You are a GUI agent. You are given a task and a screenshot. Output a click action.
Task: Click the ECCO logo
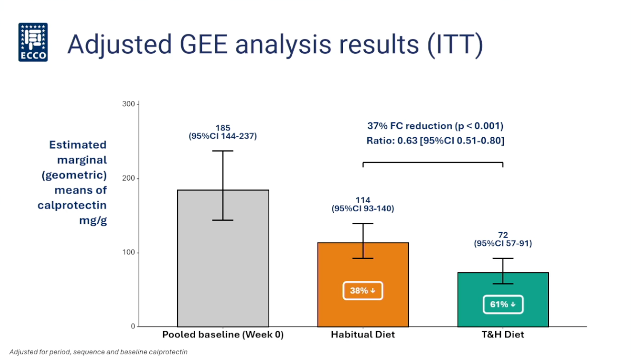(x=33, y=42)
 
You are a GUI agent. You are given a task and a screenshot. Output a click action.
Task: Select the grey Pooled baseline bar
(x=223, y=264)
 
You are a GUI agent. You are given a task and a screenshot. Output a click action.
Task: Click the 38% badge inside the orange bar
(x=362, y=290)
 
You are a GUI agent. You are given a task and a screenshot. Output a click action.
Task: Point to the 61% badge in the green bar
(x=503, y=305)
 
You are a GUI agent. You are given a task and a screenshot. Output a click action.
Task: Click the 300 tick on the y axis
(x=129, y=104)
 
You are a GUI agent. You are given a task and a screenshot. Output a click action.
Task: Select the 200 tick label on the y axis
(x=129, y=178)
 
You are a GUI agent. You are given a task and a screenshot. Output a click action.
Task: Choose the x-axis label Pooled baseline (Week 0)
(x=223, y=335)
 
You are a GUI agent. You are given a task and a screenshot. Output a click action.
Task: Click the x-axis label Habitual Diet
(x=363, y=335)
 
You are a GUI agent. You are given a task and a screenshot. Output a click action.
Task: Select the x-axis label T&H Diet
(x=503, y=335)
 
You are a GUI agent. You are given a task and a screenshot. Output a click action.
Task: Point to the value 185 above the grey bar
(x=223, y=128)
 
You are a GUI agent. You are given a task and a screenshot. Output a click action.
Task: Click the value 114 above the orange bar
(x=363, y=200)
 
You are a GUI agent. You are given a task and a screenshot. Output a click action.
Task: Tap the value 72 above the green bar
(x=503, y=235)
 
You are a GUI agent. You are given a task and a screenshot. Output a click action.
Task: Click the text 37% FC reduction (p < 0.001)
(x=435, y=126)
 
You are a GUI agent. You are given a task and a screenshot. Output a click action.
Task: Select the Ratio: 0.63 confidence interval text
(x=435, y=141)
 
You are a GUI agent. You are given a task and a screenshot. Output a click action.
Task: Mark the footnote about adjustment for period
(x=99, y=352)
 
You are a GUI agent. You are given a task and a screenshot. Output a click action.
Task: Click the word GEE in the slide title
(x=204, y=44)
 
